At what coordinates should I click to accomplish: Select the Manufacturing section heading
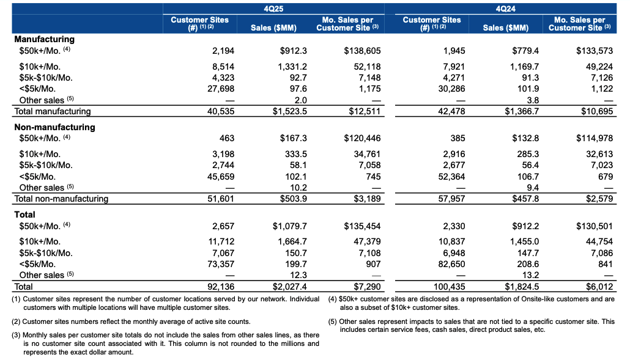(44, 39)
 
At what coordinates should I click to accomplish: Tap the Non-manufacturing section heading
(54, 127)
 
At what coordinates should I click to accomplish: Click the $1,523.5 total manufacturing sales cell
(287, 111)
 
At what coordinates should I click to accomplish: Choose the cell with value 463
(226, 139)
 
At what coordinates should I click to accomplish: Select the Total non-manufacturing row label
(61, 199)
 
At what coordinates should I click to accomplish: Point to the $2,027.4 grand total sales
(287, 286)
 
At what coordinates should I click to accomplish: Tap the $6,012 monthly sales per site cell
(599, 286)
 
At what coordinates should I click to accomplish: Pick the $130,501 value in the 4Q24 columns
(594, 226)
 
